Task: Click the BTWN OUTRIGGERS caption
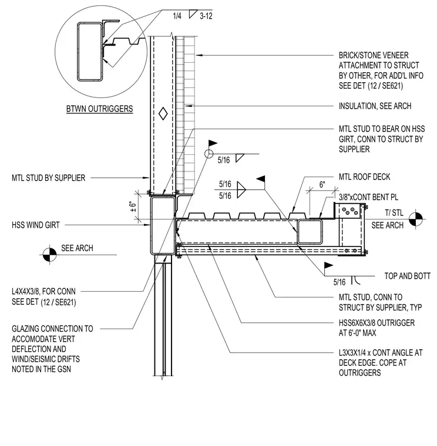coord(100,109)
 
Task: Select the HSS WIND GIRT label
coord(36,225)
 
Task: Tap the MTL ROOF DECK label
coord(364,177)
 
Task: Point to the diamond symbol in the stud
coord(163,113)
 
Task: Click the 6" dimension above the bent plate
coord(322,185)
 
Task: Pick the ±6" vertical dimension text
coord(133,207)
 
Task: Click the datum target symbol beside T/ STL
coord(416,219)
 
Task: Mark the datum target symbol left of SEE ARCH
coord(49,255)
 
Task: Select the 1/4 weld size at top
coord(177,16)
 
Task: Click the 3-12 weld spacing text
coord(206,16)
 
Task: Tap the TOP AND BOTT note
coord(408,276)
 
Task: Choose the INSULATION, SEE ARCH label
coord(375,106)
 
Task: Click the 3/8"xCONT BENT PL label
coord(368,197)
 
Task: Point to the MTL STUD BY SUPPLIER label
coord(48,178)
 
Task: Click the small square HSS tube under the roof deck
coord(310,232)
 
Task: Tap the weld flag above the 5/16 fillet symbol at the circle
coord(213,143)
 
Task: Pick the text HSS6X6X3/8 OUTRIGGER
coord(377,323)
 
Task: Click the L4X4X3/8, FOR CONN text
coord(43,292)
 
